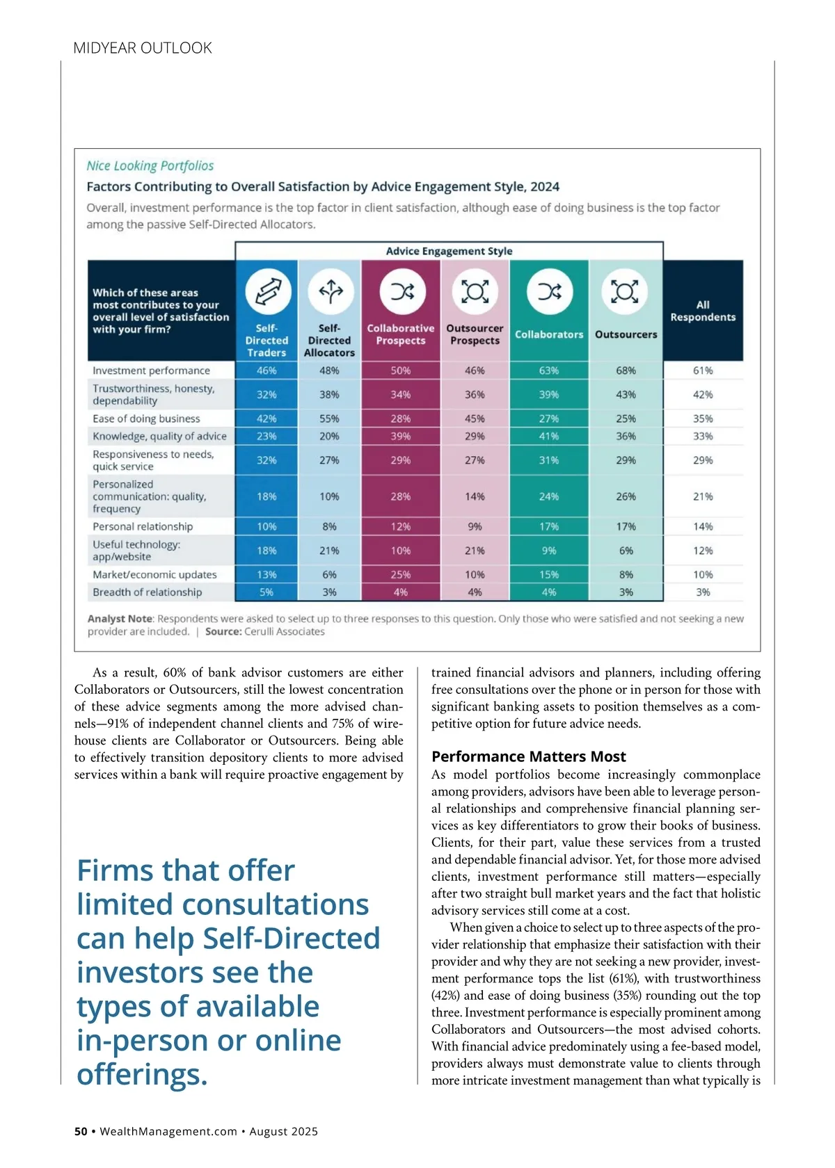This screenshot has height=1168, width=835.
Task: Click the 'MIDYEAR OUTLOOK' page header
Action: pyautogui.click(x=143, y=48)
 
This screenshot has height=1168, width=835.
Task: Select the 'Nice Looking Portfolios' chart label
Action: pyautogui.click(x=150, y=165)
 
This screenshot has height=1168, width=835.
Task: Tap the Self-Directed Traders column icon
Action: pyautogui.click(x=267, y=291)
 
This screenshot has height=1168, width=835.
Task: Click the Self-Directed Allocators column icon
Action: pyautogui.click(x=331, y=291)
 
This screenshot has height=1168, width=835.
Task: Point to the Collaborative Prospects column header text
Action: pyautogui.click(x=401, y=334)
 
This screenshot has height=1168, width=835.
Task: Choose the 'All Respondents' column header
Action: pyautogui.click(x=703, y=311)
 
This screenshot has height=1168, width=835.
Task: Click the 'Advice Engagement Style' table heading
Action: pyautogui.click(x=449, y=251)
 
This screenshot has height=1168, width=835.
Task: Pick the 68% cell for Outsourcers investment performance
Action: pyautogui.click(x=626, y=371)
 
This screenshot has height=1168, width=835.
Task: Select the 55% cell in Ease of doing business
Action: pyautogui.click(x=329, y=419)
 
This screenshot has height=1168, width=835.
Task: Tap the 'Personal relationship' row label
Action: pyautogui.click(x=143, y=526)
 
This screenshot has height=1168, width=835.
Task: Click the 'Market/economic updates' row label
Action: pyautogui.click(x=154, y=574)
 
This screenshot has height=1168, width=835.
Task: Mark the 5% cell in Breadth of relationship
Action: pyautogui.click(x=267, y=592)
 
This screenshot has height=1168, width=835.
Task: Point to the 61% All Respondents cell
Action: pyautogui.click(x=703, y=371)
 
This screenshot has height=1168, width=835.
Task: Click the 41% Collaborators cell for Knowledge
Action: pyautogui.click(x=549, y=436)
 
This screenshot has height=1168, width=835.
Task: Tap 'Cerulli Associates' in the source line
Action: pyautogui.click(x=285, y=631)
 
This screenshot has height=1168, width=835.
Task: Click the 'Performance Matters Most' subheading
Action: pyautogui.click(x=528, y=756)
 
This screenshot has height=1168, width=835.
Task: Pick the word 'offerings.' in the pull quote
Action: pyautogui.click(x=143, y=1074)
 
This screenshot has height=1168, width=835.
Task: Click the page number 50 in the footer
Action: pyautogui.click(x=81, y=1131)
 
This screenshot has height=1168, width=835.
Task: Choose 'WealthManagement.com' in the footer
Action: pyautogui.click(x=168, y=1131)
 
